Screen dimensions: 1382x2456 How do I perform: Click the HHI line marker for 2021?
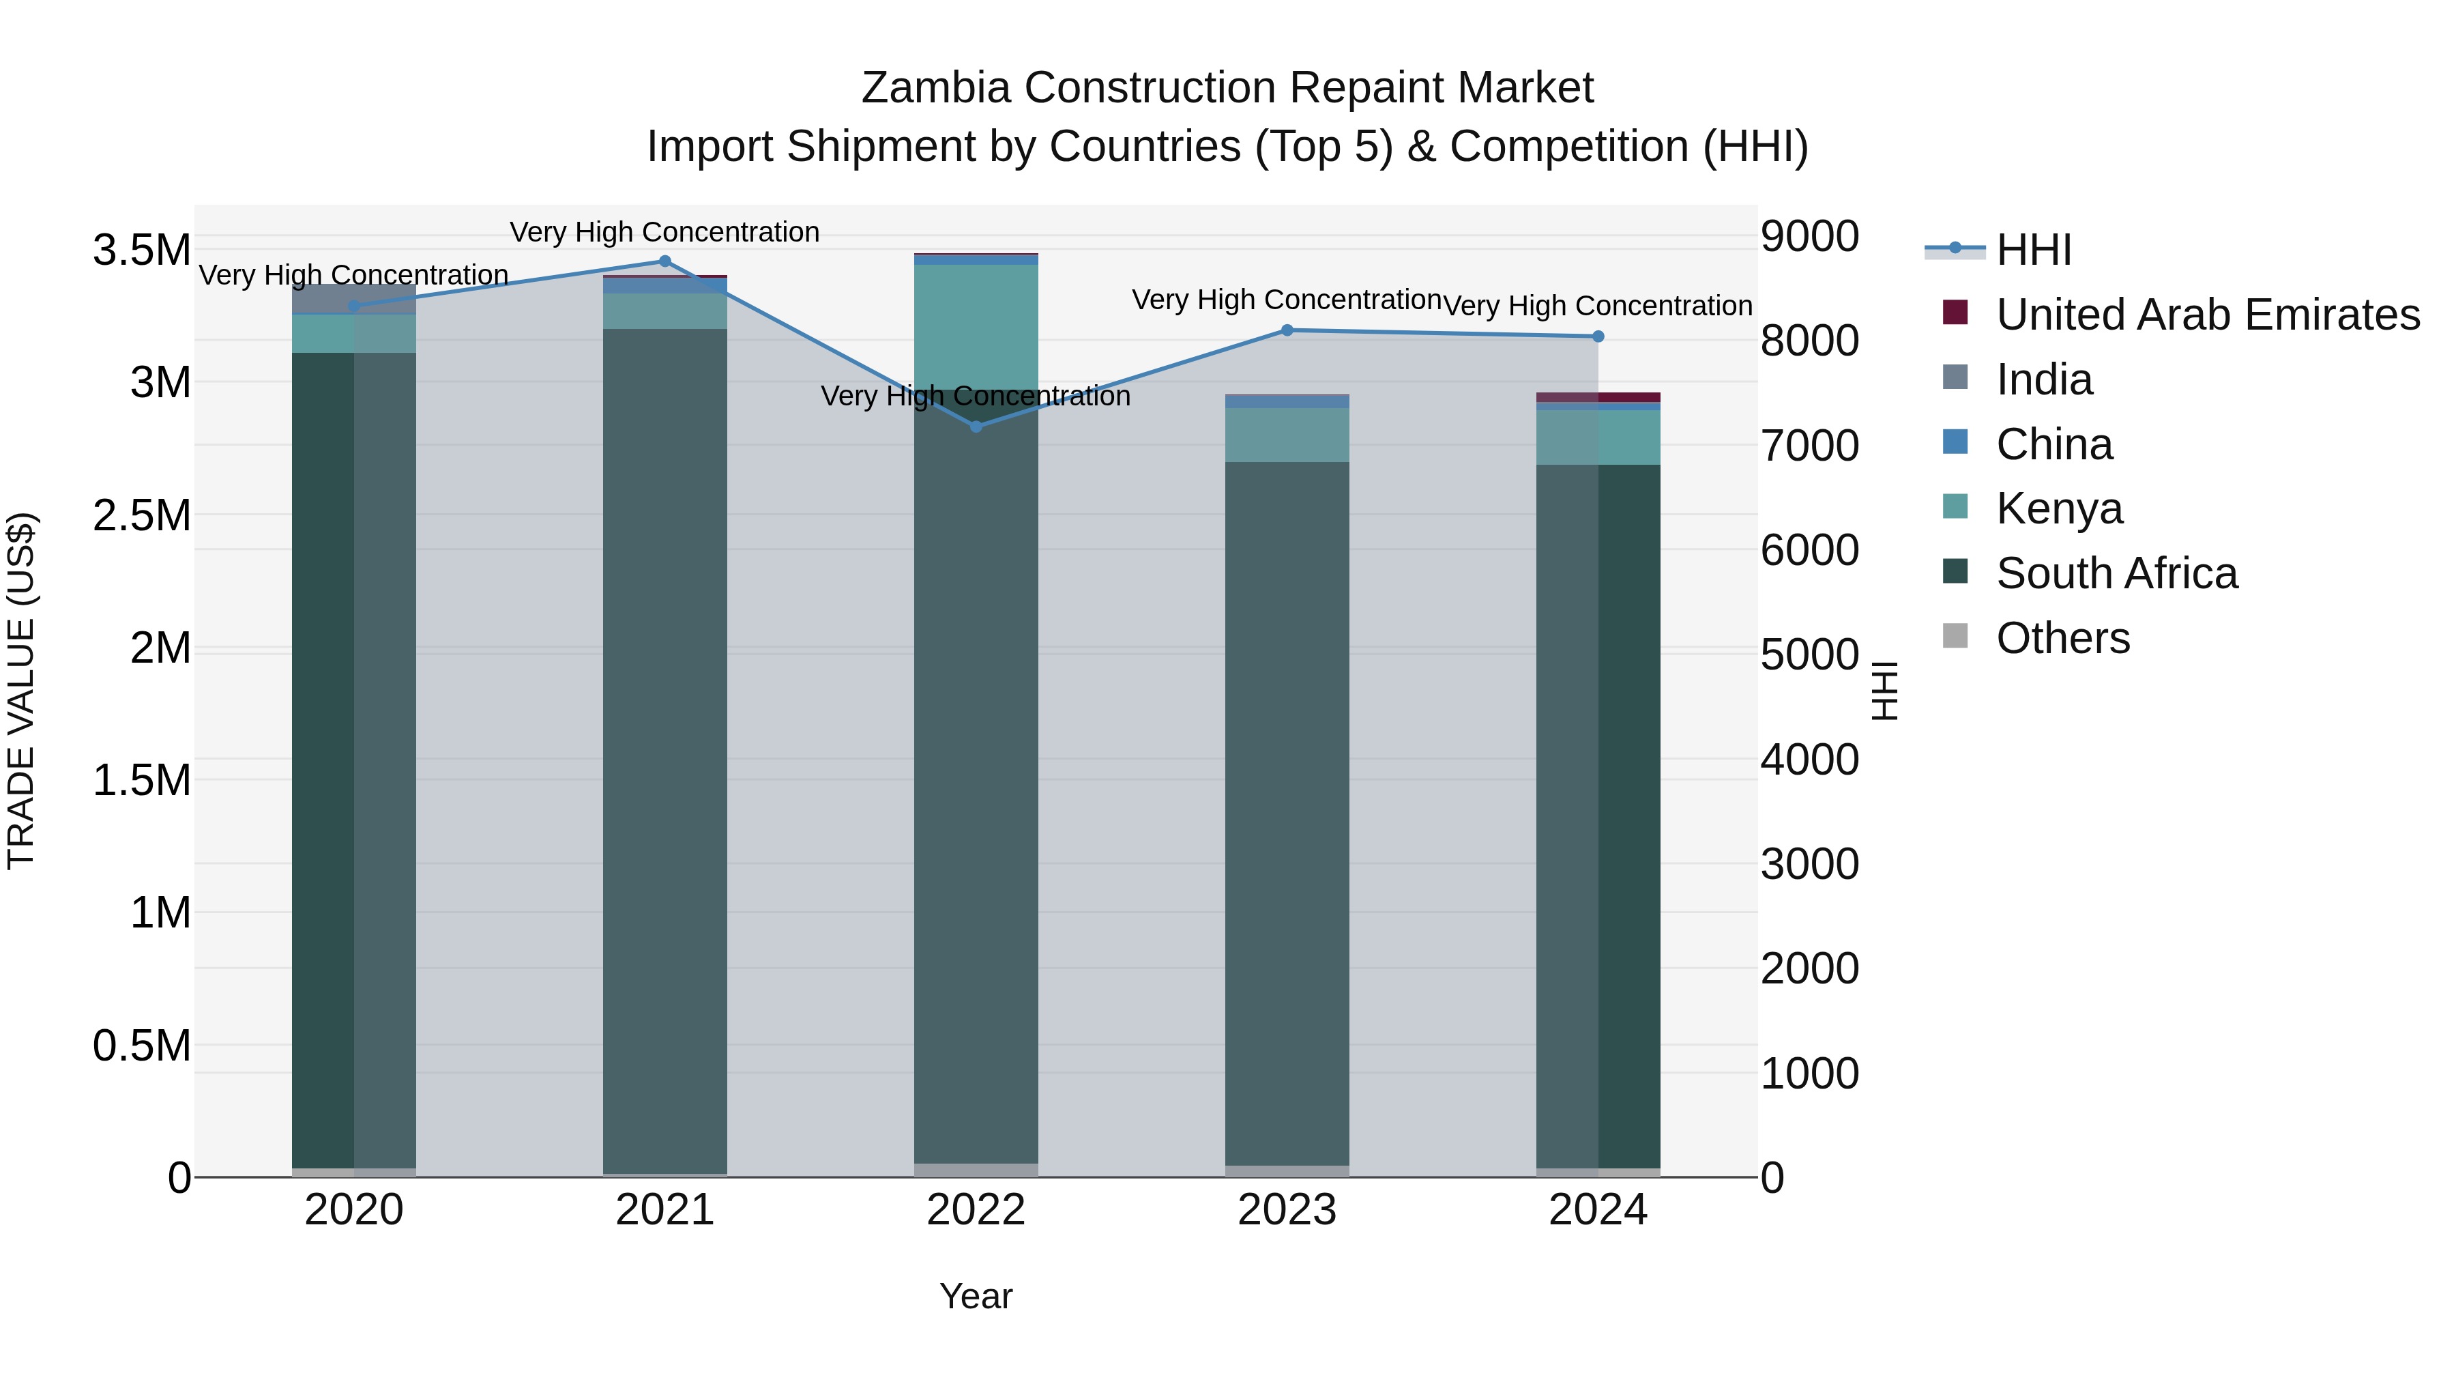[x=664, y=261]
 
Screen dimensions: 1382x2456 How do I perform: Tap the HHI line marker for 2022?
[x=976, y=427]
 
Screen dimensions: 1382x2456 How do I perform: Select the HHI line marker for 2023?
[x=1286, y=330]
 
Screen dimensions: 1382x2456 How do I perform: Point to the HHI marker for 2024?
[x=1598, y=336]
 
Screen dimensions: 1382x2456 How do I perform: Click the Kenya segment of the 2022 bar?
[x=976, y=324]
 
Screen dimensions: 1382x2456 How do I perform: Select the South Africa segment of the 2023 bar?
[x=1286, y=811]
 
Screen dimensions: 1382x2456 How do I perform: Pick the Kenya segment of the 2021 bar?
[x=664, y=311]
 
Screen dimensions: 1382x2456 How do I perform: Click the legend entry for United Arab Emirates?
[x=2207, y=315]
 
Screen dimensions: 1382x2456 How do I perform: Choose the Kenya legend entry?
[x=2060, y=508]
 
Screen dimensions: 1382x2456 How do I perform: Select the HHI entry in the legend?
[x=2033, y=250]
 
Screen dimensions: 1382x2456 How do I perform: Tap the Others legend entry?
[x=2062, y=638]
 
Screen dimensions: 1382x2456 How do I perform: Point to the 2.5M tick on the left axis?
[x=141, y=515]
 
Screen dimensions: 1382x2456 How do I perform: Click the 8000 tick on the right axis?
[x=1809, y=341]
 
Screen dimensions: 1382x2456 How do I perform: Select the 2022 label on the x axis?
[x=976, y=1210]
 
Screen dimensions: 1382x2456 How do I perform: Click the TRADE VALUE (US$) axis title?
[x=21, y=691]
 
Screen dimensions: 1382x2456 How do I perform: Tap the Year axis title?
[x=976, y=1296]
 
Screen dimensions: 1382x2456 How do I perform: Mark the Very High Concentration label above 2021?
[x=664, y=232]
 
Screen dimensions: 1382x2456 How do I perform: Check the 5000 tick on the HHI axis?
[x=1809, y=655]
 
